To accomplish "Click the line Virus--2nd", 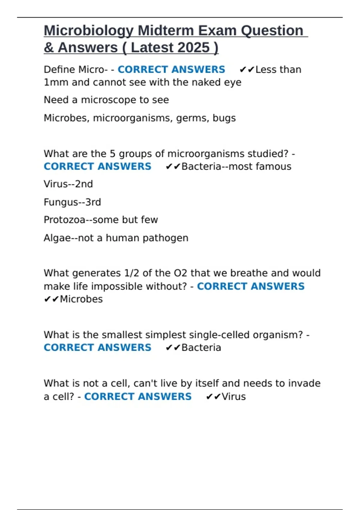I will pyautogui.click(x=68, y=184).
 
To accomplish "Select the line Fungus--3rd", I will pyautogui.click(x=72, y=202).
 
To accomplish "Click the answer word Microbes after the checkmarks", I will pyautogui.click(x=81, y=299).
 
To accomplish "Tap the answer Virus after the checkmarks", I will pyautogui.click(x=234, y=397).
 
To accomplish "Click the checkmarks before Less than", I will pyautogui.click(x=247, y=70).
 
